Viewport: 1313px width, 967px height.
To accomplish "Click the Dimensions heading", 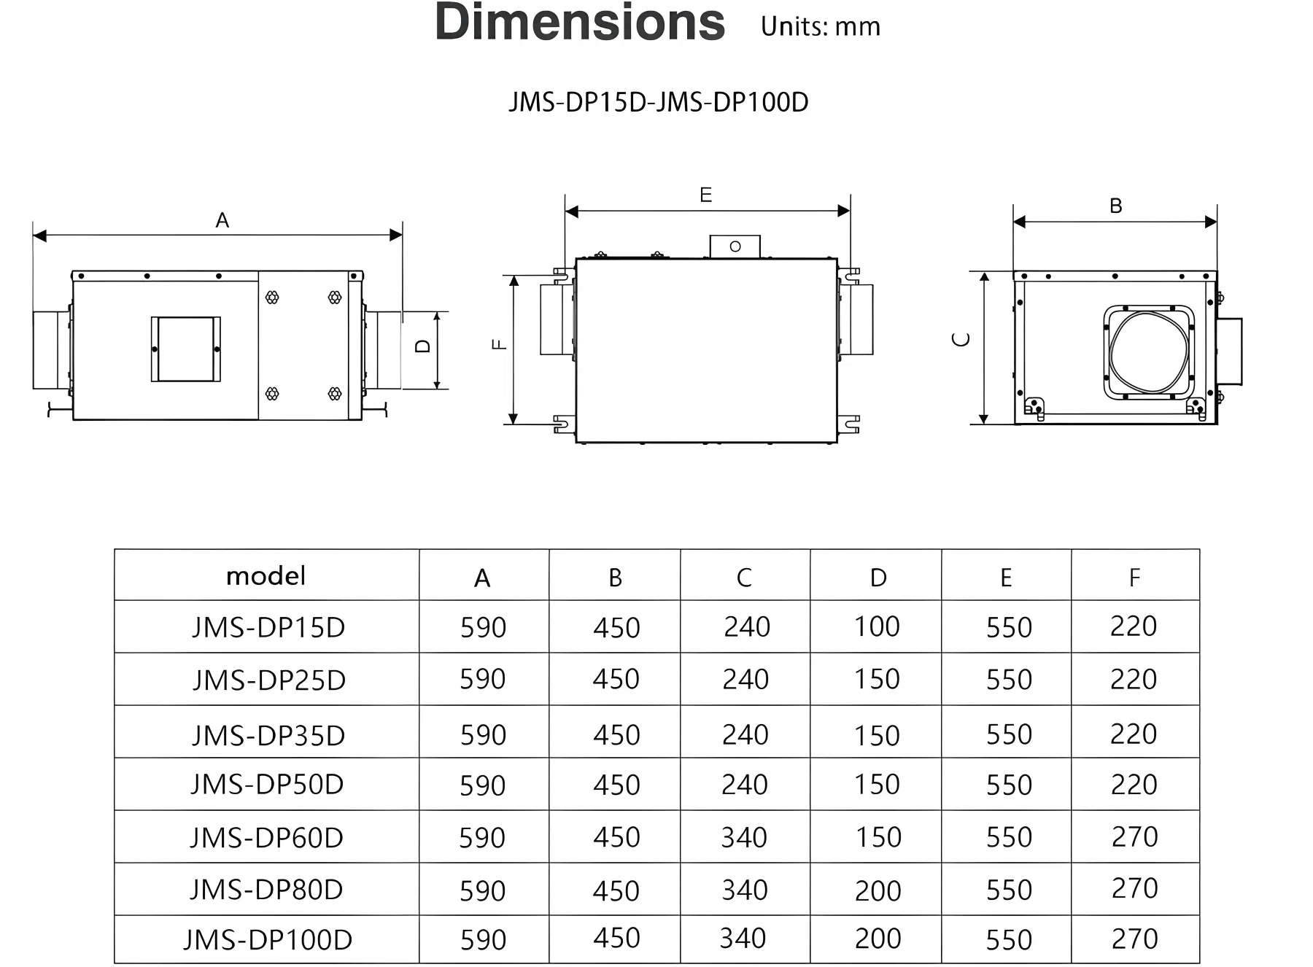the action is click(x=580, y=22).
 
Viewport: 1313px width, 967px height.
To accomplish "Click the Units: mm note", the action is click(x=821, y=27).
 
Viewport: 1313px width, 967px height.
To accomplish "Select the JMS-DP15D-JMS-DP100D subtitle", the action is click(x=659, y=102).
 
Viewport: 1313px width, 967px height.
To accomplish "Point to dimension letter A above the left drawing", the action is click(x=222, y=220).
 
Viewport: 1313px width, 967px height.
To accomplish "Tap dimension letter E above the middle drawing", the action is click(x=705, y=195).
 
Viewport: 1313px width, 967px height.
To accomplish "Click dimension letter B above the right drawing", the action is click(x=1115, y=206).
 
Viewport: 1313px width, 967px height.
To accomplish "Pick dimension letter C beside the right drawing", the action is click(x=962, y=339).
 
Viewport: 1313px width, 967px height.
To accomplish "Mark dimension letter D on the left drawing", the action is click(x=423, y=346).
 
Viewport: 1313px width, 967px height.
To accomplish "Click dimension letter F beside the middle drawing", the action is click(x=500, y=344).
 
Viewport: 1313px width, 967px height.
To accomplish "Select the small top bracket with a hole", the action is click(x=735, y=246).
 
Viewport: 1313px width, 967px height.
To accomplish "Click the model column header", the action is click(x=266, y=576).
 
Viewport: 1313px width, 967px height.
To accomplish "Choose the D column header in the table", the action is click(x=878, y=578).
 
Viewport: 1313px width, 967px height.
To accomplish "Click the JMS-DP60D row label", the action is click(x=266, y=838).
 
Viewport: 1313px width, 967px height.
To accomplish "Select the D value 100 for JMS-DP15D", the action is click(x=877, y=626).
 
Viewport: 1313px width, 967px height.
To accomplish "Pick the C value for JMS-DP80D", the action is click(x=744, y=890).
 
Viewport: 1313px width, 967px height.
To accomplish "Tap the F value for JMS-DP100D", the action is click(x=1134, y=939).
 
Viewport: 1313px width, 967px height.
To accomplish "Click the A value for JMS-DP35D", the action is click(x=483, y=735).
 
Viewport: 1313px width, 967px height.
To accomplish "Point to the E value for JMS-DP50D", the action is click(x=1009, y=785).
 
